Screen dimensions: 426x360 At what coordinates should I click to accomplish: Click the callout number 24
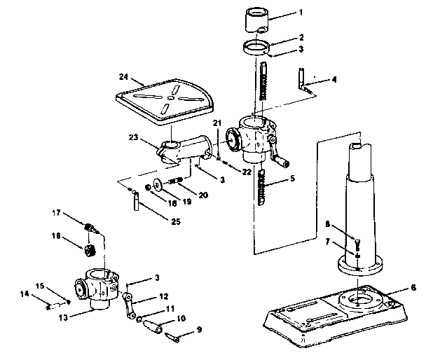(x=123, y=77)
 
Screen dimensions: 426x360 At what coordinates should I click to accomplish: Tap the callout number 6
(x=413, y=288)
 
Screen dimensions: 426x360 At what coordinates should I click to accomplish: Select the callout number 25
(x=176, y=221)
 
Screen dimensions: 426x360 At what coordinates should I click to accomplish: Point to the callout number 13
(x=63, y=317)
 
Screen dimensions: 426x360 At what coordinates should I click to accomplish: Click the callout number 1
(x=301, y=12)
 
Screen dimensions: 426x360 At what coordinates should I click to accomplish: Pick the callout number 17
(x=56, y=213)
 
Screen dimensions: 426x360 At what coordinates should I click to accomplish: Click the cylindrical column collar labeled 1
(x=257, y=20)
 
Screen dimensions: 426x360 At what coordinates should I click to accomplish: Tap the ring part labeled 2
(x=256, y=48)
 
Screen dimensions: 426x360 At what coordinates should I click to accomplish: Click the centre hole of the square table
(x=170, y=97)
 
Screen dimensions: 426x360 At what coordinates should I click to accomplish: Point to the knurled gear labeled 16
(x=88, y=250)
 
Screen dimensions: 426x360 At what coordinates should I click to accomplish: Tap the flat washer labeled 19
(x=157, y=184)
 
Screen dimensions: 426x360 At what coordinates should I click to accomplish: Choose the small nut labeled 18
(x=148, y=188)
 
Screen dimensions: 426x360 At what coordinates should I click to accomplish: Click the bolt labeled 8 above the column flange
(x=357, y=244)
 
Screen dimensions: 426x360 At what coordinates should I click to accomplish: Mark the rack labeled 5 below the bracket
(x=261, y=188)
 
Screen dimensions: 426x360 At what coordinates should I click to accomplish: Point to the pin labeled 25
(x=136, y=201)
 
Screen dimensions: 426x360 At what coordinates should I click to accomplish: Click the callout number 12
(x=163, y=296)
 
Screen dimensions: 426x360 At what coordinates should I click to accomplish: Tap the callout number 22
(x=247, y=172)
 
